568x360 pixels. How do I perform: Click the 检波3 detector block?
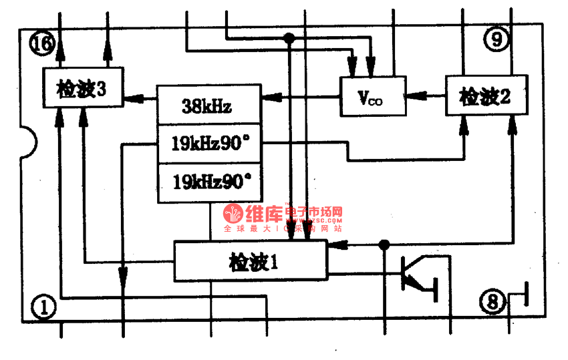pyautogui.click(x=82, y=87)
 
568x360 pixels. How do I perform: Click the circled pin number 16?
pyautogui.click(x=41, y=44)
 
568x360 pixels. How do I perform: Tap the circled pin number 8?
pyautogui.click(x=492, y=303)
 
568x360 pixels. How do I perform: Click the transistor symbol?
pyautogui.click(x=417, y=274)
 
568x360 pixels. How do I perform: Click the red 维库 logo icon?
pyautogui.click(x=233, y=214)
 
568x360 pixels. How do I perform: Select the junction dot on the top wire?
pyautogui.click(x=289, y=38)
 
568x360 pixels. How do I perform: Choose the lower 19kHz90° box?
pyautogui.click(x=208, y=182)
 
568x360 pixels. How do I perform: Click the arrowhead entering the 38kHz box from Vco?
pyautogui.click(x=268, y=99)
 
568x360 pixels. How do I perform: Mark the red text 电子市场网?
pyautogui.click(x=314, y=213)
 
